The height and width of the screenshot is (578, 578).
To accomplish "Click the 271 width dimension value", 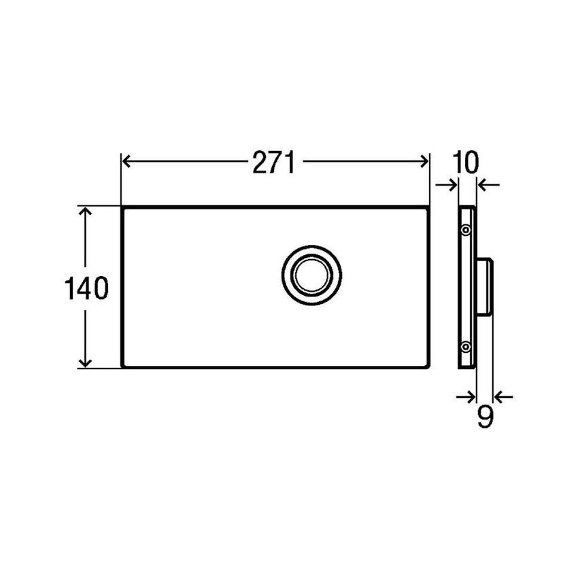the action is [274, 163].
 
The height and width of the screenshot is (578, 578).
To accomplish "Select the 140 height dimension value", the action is [86, 288].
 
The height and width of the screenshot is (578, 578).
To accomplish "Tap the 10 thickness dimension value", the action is [465, 163].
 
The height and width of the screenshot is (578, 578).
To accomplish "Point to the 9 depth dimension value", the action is [485, 417].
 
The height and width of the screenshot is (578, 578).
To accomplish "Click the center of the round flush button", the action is [311, 275].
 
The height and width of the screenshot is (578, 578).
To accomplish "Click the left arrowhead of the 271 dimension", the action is [126, 161].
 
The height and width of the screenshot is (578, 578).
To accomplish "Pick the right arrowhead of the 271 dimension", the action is [424, 161].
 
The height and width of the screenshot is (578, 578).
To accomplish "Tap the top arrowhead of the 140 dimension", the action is [86, 212].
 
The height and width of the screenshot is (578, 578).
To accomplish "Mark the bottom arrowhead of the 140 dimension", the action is [86, 362].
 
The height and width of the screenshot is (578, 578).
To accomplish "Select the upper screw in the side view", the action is [466, 230].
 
